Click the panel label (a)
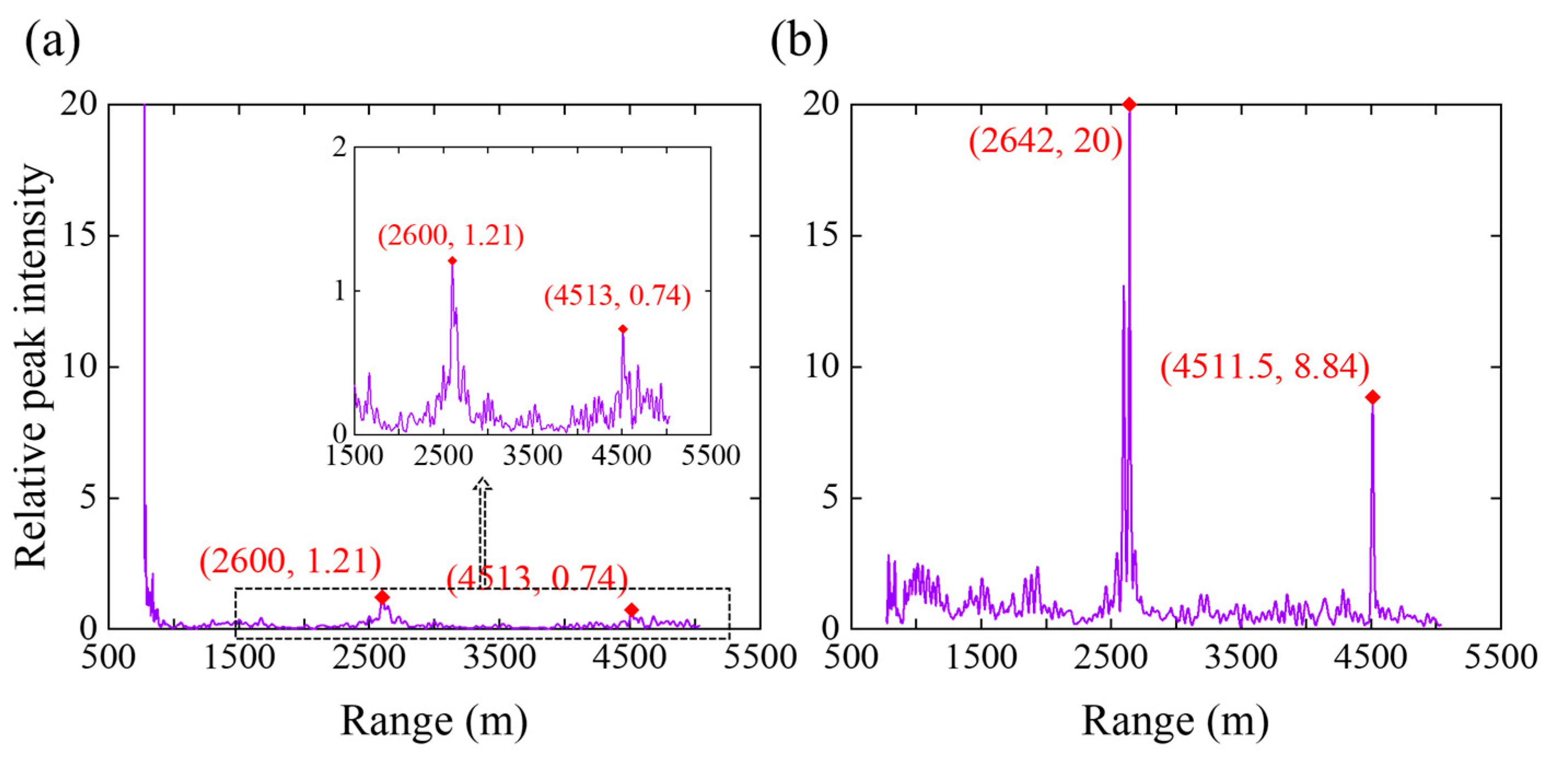click(52, 41)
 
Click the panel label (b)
click(799, 41)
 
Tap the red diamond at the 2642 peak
click(1128, 104)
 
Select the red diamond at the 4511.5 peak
click(1372, 397)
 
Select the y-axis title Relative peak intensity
click(31, 366)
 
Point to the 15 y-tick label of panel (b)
click(823, 235)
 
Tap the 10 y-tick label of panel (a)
click(79, 366)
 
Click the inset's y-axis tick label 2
click(340, 147)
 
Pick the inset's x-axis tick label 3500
click(532, 455)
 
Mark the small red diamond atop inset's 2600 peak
click(452, 260)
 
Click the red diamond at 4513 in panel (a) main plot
click(632, 609)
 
